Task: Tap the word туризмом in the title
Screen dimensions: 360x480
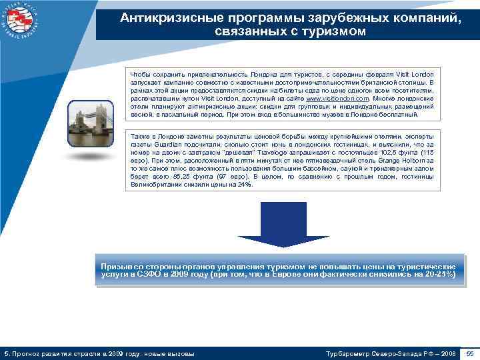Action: [x=333, y=31]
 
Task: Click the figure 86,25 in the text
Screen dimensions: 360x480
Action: [x=183, y=176]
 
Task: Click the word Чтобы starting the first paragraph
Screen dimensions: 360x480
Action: [x=140, y=74]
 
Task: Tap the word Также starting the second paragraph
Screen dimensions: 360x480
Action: [x=140, y=136]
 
